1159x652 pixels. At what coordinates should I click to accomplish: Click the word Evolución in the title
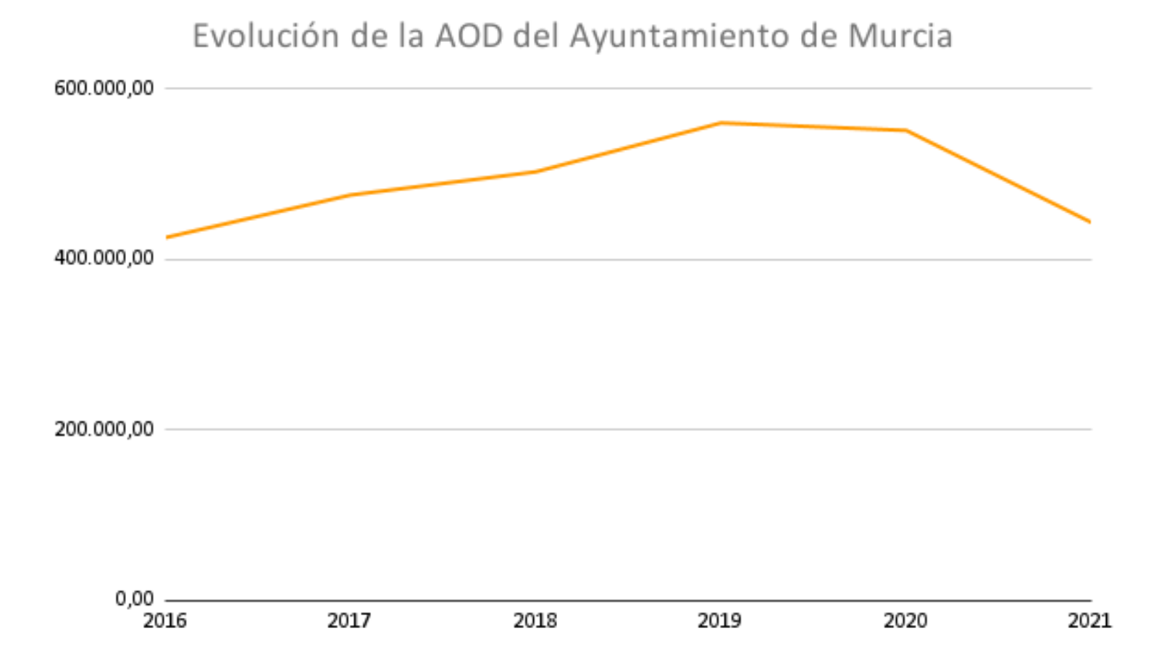pyautogui.click(x=266, y=36)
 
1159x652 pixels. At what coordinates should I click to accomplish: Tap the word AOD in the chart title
pyautogui.click(x=469, y=36)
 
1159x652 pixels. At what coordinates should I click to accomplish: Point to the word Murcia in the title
pyautogui.click(x=900, y=36)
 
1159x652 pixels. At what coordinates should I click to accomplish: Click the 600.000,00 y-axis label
pyautogui.click(x=104, y=88)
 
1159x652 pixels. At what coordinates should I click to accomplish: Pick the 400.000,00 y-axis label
pyautogui.click(x=104, y=258)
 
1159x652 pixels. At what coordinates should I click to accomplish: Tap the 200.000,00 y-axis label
pyautogui.click(x=104, y=429)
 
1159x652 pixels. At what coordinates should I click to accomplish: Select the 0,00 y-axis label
pyautogui.click(x=135, y=598)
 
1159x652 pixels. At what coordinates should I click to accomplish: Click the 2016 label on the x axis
pyautogui.click(x=165, y=621)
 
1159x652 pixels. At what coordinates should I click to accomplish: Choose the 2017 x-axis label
pyautogui.click(x=349, y=621)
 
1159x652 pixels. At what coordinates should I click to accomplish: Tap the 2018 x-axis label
pyautogui.click(x=535, y=621)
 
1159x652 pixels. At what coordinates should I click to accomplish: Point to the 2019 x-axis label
pyautogui.click(x=720, y=621)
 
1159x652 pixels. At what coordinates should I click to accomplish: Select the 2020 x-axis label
pyautogui.click(x=905, y=621)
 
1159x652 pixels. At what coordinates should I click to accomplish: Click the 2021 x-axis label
pyautogui.click(x=1089, y=621)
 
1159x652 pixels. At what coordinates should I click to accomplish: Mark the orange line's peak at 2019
pyautogui.click(x=721, y=123)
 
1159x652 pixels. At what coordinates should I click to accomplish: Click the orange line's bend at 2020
pyautogui.click(x=906, y=130)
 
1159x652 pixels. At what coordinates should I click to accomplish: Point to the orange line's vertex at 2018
pyautogui.click(x=535, y=172)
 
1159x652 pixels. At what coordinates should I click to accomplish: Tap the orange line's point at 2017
pyautogui.click(x=351, y=195)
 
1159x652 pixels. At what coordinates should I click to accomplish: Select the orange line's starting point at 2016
pyautogui.click(x=167, y=238)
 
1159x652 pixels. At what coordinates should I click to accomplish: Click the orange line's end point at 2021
pyautogui.click(x=1090, y=222)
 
